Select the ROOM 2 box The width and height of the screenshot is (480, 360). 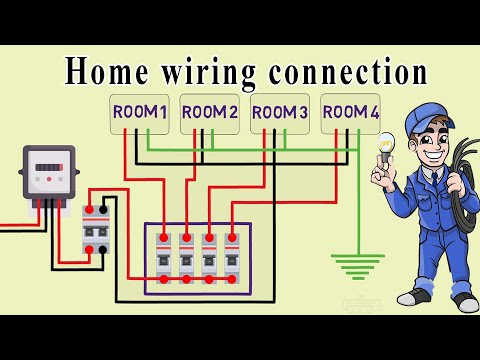(x=209, y=113)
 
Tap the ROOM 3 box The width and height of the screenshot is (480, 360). (x=279, y=113)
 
